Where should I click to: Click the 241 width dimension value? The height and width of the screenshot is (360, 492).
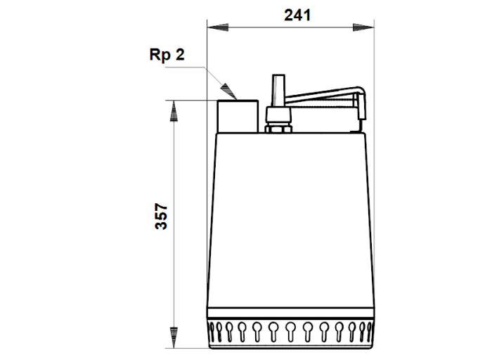[297, 15]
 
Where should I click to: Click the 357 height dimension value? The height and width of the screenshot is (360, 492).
[161, 217]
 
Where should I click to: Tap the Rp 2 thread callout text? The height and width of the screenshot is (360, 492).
[167, 56]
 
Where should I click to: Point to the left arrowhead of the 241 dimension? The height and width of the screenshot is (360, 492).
[218, 27]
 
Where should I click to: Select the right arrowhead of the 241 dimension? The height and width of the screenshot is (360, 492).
[363, 27]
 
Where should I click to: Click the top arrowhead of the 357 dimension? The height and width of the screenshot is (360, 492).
[174, 111]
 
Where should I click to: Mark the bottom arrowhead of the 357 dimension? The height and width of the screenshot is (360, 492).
[174, 337]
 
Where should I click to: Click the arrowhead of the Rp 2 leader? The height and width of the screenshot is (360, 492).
[228, 91]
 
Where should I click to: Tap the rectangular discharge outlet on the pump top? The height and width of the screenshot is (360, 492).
[238, 116]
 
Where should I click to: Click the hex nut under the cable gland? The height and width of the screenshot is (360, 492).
[278, 129]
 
